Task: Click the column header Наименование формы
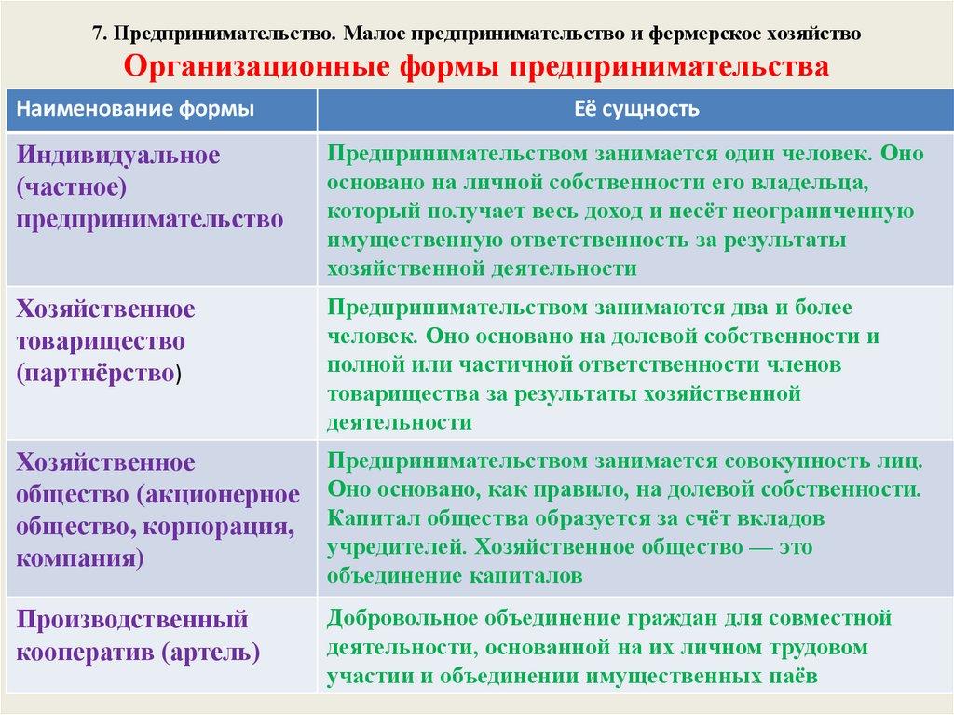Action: click(135, 109)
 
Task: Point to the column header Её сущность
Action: click(636, 109)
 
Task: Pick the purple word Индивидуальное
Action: click(118, 156)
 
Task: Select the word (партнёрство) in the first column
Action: click(99, 373)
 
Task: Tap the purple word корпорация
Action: click(219, 527)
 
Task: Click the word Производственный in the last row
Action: click(132, 619)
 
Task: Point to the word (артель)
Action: click(211, 653)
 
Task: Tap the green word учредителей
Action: click(397, 547)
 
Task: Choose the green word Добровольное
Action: click(402, 618)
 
